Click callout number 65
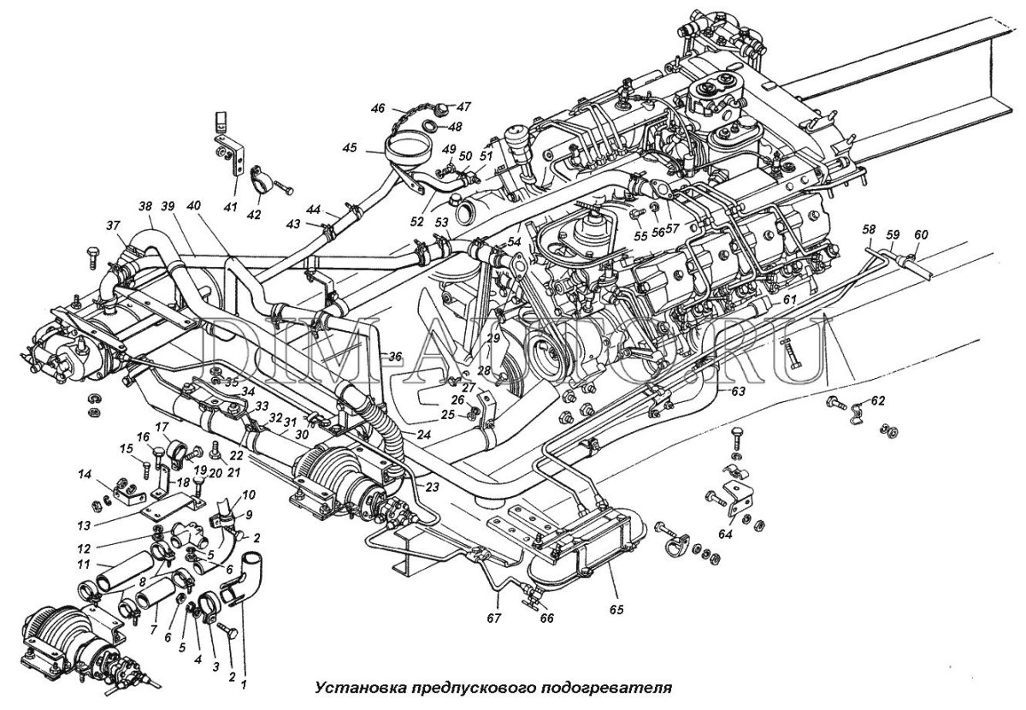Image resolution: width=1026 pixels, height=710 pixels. pos(616,610)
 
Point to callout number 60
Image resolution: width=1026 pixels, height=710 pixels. pos(920,235)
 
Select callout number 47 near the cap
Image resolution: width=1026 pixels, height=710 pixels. pos(463,107)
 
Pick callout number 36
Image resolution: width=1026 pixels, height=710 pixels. pos(394,357)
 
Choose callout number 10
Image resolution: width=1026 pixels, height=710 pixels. pos(249,496)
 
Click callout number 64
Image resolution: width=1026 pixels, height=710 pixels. pos(726,535)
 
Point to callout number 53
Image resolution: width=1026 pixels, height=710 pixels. pos(441,223)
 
